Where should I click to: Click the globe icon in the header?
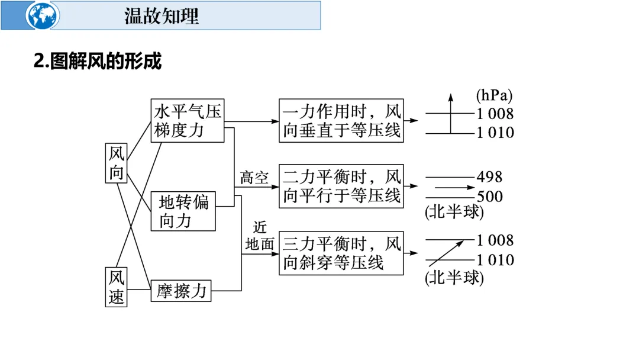43,16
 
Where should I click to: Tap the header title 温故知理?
162,16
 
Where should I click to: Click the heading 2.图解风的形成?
98,61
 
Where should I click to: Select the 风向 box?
117,163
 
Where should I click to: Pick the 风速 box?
117,287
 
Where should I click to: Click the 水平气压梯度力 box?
188,120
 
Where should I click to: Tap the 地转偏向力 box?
183,211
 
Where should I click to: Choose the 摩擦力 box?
181,290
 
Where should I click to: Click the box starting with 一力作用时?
341,120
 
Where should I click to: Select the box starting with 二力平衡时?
341,186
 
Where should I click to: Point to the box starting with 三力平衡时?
341,253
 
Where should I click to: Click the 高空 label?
254,178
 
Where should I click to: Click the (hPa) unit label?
494,95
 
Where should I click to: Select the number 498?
489,176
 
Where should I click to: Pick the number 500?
489,197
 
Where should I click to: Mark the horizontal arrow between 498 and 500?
450,187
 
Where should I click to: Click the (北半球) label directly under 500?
454,211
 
